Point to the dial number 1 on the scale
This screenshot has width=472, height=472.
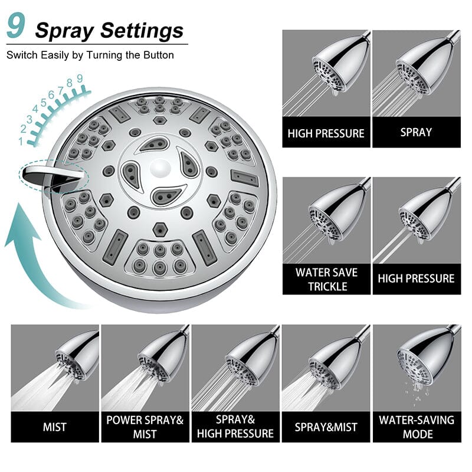[21, 142]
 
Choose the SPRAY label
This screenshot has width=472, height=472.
[416, 132]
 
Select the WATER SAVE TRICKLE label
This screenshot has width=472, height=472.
[326, 279]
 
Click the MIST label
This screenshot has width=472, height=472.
[55, 426]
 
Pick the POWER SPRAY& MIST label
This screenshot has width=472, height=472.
[145, 427]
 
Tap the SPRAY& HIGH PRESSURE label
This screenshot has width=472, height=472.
[235, 427]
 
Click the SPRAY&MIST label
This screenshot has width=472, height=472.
[326, 426]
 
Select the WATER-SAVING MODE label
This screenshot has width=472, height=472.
[417, 427]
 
